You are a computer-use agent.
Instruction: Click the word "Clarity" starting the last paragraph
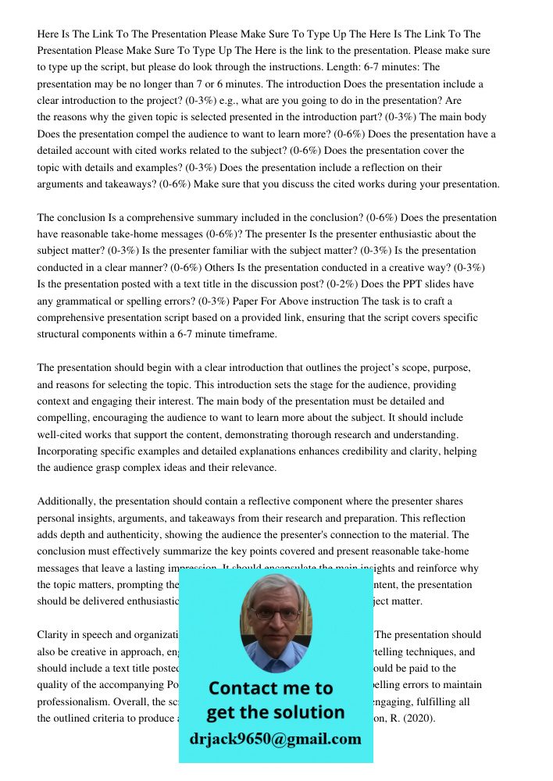point(55,635)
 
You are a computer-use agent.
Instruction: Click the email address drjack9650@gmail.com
point(276,739)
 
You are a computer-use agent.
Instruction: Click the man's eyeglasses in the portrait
point(275,614)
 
